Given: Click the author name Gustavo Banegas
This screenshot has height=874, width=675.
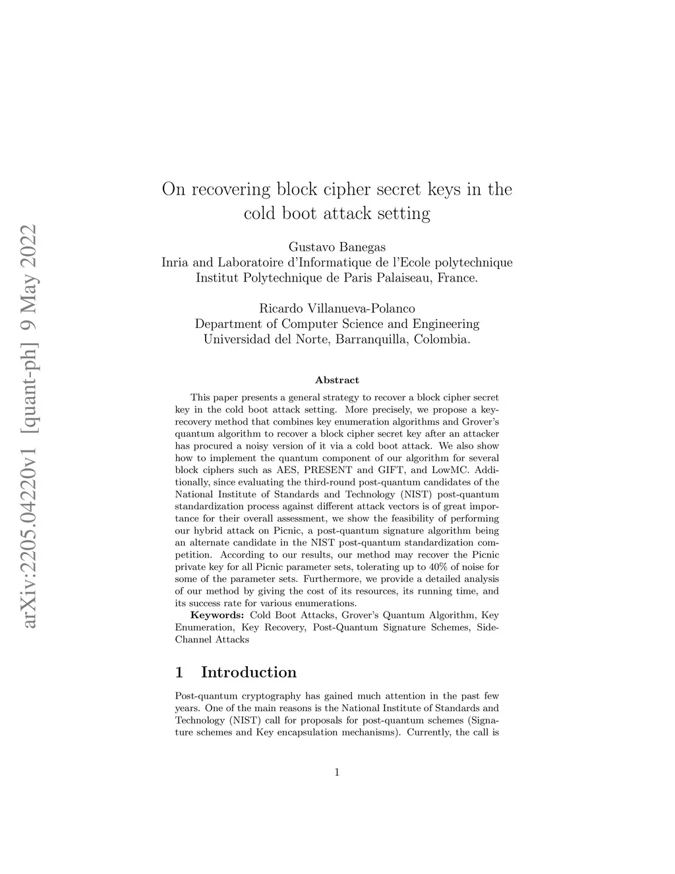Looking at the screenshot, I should pyautogui.click(x=337, y=247).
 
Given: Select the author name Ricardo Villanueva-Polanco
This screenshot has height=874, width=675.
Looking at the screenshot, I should pyautogui.click(x=337, y=309).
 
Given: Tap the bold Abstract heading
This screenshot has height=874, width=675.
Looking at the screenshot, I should pyautogui.click(x=337, y=380).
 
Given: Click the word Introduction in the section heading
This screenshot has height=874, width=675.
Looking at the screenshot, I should pyautogui.click(x=249, y=672).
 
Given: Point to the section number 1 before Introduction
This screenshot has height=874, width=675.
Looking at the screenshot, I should pyautogui.click(x=179, y=672).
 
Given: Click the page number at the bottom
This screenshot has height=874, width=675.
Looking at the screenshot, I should pyautogui.click(x=337, y=772).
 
